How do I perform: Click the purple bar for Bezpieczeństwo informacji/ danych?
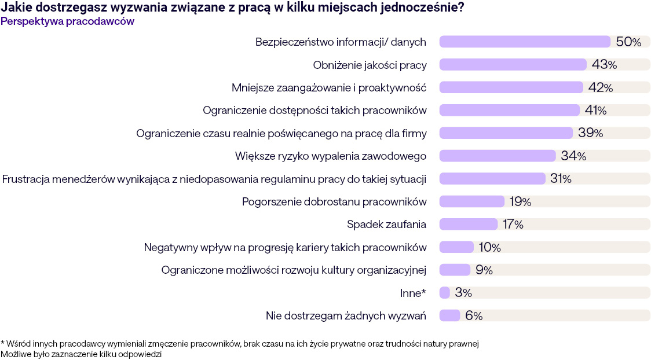525,42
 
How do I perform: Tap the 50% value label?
628,42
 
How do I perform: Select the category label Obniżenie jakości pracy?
370,65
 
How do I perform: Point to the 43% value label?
604,65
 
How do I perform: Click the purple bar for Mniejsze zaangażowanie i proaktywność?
511,87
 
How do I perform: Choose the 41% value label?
595,110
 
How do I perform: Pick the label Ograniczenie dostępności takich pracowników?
314,110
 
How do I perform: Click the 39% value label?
590,133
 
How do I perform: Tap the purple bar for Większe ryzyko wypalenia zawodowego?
498,156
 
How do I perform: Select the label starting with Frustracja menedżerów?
214,179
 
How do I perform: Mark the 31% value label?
561,179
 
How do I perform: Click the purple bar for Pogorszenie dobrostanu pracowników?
472,201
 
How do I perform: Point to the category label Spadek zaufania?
386,225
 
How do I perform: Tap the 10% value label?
489,247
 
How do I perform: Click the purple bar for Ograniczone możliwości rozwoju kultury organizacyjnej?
455,270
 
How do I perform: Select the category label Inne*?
413,293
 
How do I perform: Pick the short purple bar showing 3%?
445,293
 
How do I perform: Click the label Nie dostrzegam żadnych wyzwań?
346,315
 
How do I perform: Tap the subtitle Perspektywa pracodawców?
68,21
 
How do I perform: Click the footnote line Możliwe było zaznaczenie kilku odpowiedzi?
81,354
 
